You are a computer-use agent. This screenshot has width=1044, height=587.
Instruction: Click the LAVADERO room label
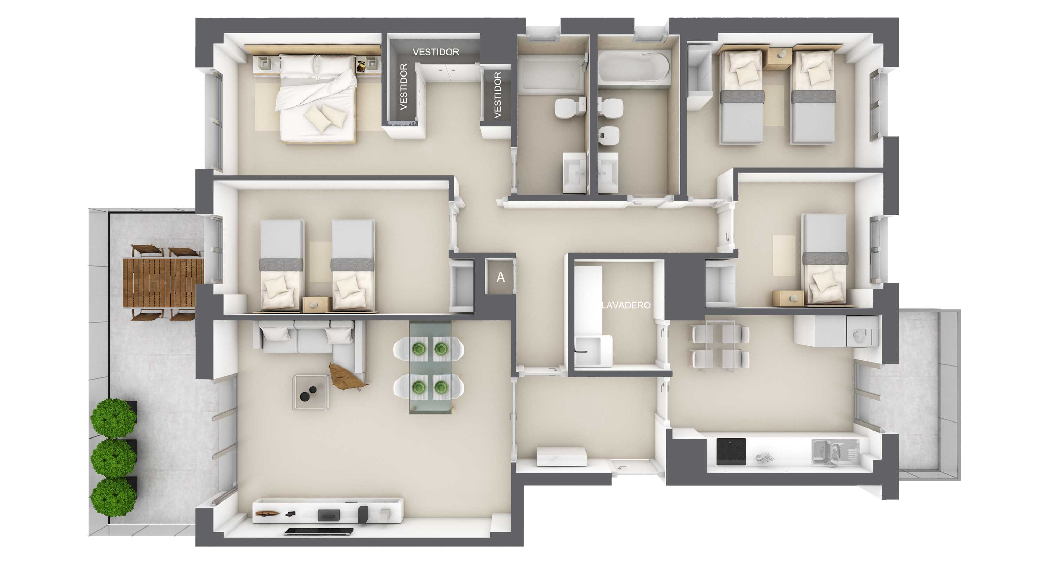626,305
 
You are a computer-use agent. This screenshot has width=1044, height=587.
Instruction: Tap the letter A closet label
500,278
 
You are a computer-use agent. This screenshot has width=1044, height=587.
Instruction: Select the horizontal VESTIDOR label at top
436,52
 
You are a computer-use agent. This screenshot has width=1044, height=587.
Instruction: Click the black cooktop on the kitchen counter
731,451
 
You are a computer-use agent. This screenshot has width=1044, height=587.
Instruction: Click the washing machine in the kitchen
862,332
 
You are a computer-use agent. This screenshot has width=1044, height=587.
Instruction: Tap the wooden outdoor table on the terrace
163,283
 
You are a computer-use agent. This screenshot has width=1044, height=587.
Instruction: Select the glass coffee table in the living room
310,393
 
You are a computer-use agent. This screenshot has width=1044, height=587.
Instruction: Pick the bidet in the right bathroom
609,135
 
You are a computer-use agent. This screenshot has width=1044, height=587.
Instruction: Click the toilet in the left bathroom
570,108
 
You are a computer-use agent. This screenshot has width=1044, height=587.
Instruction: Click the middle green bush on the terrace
113,457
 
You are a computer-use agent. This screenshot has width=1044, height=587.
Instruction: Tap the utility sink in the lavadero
587,351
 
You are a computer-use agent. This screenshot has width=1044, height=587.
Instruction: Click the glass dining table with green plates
430,368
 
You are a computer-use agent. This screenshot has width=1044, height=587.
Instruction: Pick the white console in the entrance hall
561,456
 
